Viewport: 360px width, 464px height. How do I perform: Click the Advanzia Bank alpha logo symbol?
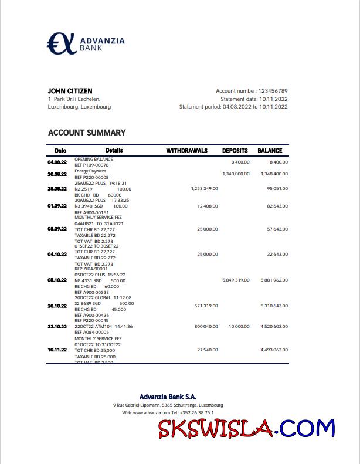(62, 43)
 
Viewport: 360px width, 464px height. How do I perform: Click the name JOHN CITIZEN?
(70, 91)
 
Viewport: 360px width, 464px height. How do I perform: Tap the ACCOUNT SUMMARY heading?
(87, 133)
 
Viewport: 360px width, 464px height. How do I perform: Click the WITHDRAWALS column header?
(186, 151)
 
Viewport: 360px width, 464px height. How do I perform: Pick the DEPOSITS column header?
(235, 151)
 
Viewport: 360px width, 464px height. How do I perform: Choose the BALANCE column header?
(270, 151)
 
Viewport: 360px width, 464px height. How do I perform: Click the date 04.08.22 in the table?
(57, 162)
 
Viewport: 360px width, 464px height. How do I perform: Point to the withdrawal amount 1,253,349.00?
(205, 188)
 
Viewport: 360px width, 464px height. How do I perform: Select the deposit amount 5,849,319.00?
(236, 280)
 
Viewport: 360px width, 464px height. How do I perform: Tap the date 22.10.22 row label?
(57, 327)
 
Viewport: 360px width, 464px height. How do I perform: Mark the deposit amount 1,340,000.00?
(236, 174)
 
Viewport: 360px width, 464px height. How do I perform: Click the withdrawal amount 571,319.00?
(206, 306)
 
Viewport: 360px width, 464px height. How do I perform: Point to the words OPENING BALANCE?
(94, 159)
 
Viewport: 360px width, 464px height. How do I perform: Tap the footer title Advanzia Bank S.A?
(168, 397)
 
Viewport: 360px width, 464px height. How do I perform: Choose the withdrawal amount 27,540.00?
(207, 350)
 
